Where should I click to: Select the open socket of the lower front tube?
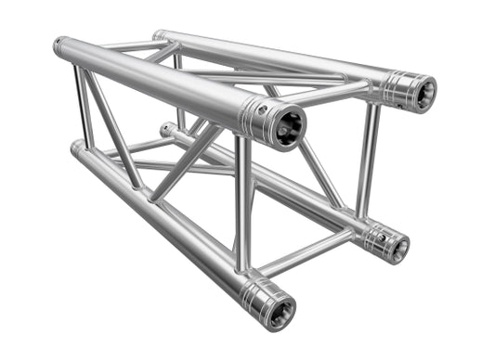click(x=279, y=309)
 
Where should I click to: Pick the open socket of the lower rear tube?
click(x=398, y=247)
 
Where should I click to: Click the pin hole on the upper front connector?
click(x=264, y=109)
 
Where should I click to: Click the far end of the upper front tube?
click(x=61, y=45)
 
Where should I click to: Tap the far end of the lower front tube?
click(x=76, y=147)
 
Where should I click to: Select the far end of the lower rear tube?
click(x=166, y=130)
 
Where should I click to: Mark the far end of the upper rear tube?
click(x=159, y=36)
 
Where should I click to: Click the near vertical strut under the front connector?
click(x=242, y=204)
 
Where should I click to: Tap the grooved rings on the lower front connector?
click(x=253, y=295)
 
